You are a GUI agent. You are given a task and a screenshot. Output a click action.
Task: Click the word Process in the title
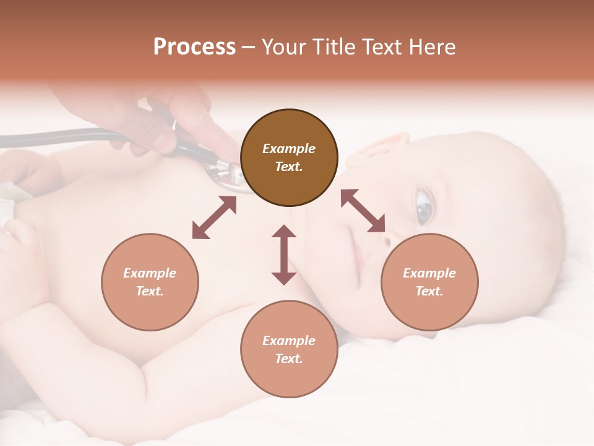click(x=194, y=47)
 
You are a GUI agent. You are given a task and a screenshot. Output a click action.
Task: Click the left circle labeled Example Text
click(x=150, y=282)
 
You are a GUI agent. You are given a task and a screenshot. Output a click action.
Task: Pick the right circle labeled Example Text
click(x=429, y=282)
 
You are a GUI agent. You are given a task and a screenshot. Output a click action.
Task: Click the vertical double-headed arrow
click(x=284, y=255)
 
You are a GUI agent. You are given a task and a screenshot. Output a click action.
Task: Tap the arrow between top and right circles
click(x=363, y=211)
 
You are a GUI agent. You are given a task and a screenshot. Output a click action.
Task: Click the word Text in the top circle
click(x=288, y=167)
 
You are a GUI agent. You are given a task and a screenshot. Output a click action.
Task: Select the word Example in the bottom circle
click(x=288, y=341)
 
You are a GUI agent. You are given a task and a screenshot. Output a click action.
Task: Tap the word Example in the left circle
click(x=150, y=273)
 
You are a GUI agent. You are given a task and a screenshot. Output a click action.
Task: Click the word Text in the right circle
click(x=429, y=291)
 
